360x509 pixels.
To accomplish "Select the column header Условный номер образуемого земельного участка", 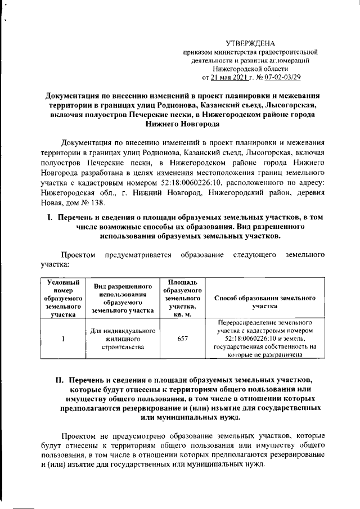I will pos(63,299).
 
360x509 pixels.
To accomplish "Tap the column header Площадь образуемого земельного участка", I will pos(178,299).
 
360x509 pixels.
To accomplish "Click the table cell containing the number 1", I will pos(63,339).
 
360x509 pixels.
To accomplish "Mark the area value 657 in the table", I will pos(178,339).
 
